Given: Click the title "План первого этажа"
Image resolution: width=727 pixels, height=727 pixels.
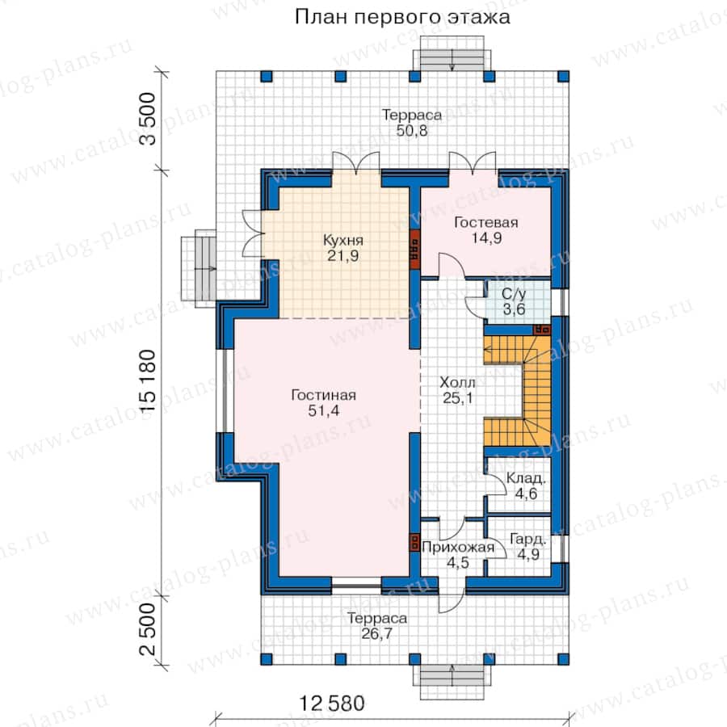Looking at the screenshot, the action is coord(402,17).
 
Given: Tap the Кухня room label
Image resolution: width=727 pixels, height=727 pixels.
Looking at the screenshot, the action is coord(343,241).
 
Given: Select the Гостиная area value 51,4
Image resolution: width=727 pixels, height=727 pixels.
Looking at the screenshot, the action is coord(324,410).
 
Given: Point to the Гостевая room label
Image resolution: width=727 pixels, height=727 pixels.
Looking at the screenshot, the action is coord(486,223).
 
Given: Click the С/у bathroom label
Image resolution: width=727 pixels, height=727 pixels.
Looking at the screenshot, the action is coord(514,294).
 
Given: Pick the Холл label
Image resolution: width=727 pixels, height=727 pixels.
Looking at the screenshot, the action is coord(457,383).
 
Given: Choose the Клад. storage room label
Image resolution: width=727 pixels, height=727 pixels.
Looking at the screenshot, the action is coord(526,478).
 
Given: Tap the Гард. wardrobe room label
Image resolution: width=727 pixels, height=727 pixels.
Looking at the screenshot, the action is coord(528,540).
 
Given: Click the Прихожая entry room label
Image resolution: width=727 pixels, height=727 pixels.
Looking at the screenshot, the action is coord(458,548).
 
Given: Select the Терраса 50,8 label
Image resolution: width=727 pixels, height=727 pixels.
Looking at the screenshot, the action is coord(412,123).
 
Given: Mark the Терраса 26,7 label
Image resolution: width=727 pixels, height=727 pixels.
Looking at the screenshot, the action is coord(377,625).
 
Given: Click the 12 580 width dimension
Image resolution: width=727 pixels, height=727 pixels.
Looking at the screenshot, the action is coord(331,704).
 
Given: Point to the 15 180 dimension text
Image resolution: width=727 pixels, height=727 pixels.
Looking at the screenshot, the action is coord(148,380).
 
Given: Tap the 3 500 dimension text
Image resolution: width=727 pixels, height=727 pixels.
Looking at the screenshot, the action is coord(148,119).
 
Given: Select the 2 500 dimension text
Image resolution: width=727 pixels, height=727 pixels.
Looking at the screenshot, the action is coord(148,629).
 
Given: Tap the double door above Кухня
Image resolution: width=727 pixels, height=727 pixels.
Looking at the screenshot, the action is coord(356,163).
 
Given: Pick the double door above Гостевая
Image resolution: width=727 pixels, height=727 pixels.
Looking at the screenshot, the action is coord(473,163).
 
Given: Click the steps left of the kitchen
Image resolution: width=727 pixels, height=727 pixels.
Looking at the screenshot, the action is coord(199,268).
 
